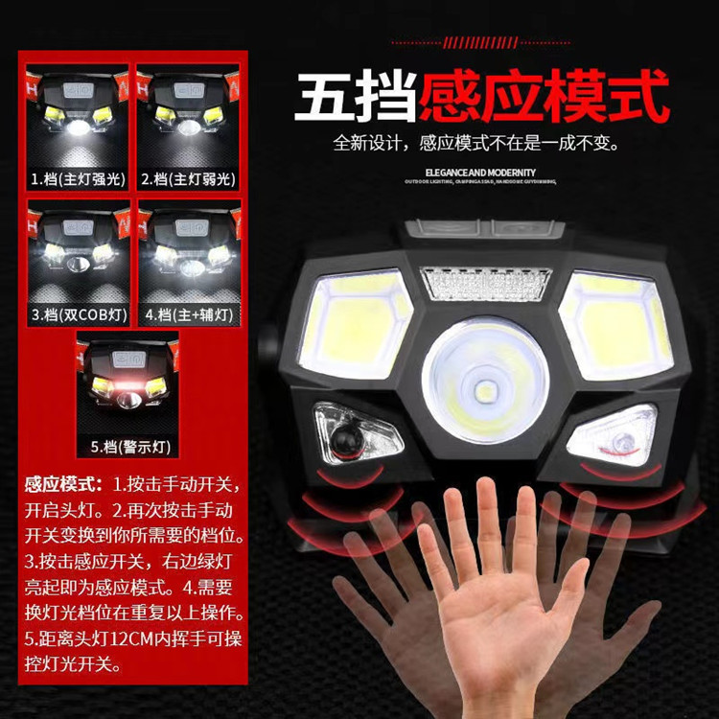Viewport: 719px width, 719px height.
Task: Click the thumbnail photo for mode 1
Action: pos(78,116)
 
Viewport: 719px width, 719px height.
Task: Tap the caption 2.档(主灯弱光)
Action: pos(188,178)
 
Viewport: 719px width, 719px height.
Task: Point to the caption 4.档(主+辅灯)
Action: pos(188,313)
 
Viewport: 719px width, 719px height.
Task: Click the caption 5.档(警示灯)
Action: pos(128,447)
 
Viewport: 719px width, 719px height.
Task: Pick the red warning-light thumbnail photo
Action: pos(128,383)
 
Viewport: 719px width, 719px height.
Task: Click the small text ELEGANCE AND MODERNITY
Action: pos(470,171)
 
